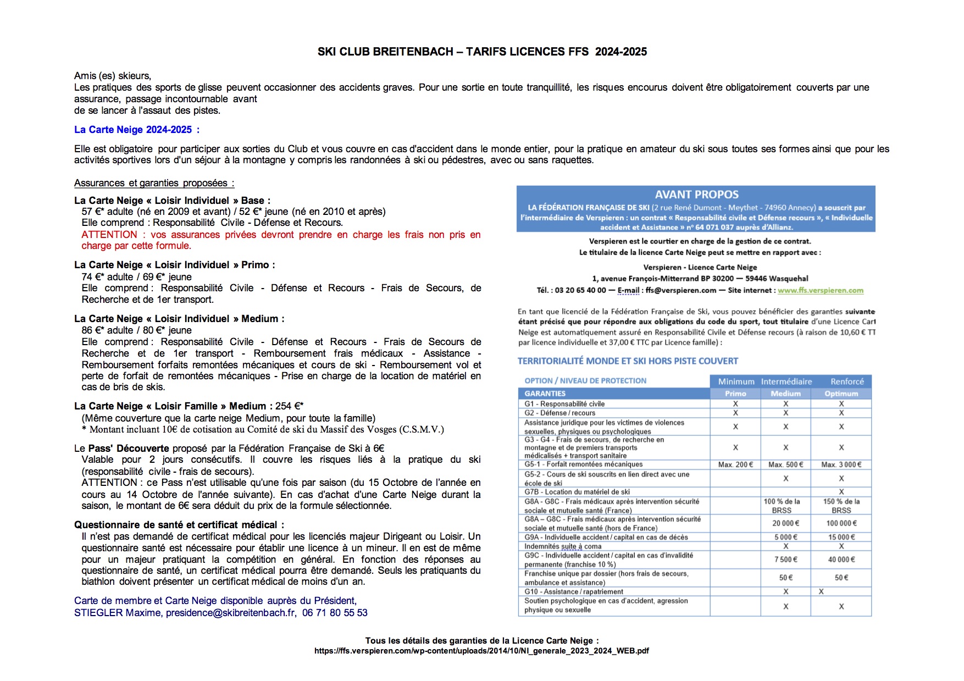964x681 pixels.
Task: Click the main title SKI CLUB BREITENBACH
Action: (x=385, y=52)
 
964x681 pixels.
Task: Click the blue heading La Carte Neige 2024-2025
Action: (x=133, y=130)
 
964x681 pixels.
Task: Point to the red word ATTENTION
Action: (x=109, y=235)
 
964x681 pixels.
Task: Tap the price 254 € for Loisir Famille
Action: (x=289, y=406)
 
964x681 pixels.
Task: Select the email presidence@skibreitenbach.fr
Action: (x=230, y=613)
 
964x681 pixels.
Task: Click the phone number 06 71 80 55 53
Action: (x=335, y=613)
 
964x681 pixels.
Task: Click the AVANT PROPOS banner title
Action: (x=696, y=195)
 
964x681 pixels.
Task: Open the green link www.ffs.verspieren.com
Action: (x=820, y=290)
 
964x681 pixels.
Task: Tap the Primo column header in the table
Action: (x=735, y=394)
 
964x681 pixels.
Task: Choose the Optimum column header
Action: (x=841, y=394)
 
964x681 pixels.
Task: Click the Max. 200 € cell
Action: (x=735, y=464)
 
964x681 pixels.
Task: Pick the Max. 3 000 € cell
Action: (x=841, y=464)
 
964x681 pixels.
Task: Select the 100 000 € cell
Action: (x=841, y=523)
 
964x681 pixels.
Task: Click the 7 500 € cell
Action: (x=785, y=560)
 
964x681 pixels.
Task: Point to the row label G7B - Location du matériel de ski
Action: (x=577, y=492)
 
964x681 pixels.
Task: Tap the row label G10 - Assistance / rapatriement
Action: (x=573, y=592)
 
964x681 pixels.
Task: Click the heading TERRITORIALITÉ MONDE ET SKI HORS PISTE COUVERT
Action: (x=628, y=361)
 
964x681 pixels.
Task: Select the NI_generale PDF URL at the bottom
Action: (x=481, y=651)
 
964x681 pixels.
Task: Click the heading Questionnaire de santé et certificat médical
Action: (x=179, y=525)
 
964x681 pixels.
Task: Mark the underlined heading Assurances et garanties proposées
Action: (x=154, y=183)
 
